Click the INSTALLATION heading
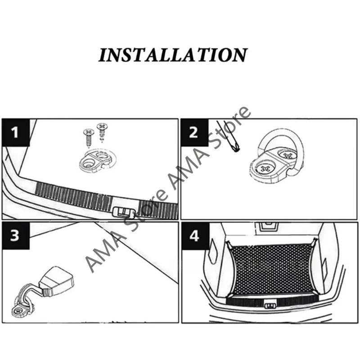tap(173, 55)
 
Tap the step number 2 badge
tap(194, 133)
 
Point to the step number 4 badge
tap(194, 236)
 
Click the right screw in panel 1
tap(102, 132)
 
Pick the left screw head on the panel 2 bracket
tap(264, 169)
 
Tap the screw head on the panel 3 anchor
tap(21, 309)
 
